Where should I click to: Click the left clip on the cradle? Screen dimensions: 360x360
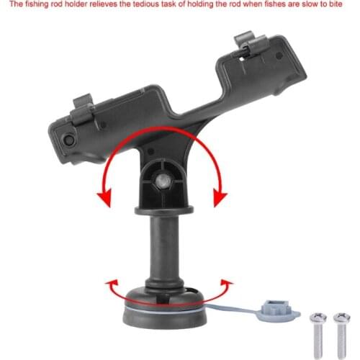coord(84,109)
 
